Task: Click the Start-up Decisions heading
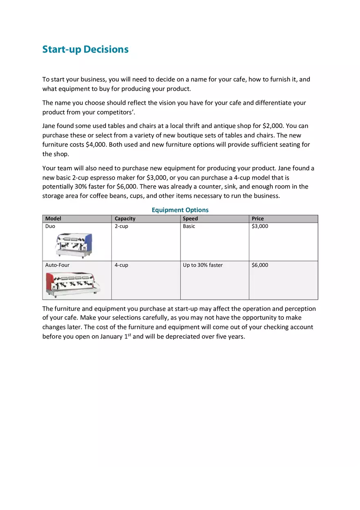[85, 49]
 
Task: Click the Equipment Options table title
[180, 210]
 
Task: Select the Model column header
[53, 219]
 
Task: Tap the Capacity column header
[125, 219]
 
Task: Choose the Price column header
[258, 219]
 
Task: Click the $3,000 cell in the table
[260, 226]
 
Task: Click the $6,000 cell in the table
[260, 265]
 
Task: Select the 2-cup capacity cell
[121, 226]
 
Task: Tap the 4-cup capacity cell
[121, 265]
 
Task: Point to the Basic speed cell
[189, 226]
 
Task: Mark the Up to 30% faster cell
[202, 265]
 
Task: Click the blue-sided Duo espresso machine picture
[74, 245]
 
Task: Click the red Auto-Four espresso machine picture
[72, 284]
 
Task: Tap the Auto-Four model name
[57, 265]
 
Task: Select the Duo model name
[50, 226]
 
